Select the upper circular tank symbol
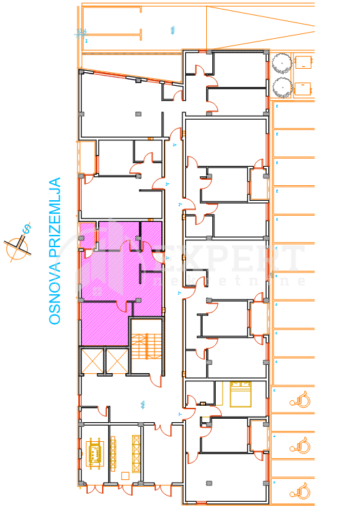point(281,63)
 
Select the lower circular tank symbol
point(281,87)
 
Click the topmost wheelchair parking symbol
point(300,400)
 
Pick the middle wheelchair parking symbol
point(300,447)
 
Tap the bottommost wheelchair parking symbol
point(300,489)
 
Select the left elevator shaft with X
point(91,360)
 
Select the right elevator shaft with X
point(116,360)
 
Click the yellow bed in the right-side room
point(240,393)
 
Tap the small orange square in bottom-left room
point(125,475)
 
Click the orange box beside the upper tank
point(304,62)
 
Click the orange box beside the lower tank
point(303,88)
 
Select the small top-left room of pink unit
point(88,235)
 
